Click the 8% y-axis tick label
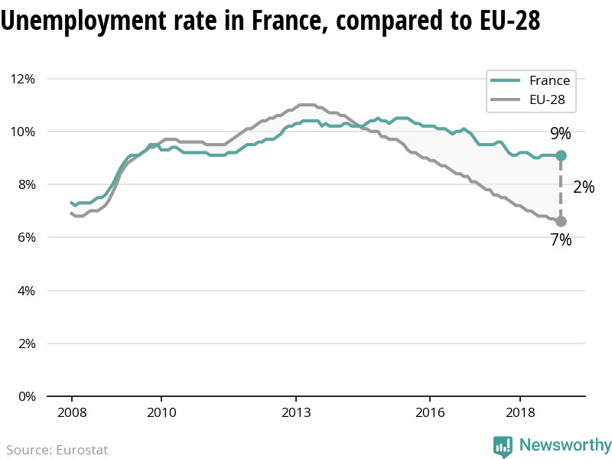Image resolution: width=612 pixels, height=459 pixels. (x=25, y=184)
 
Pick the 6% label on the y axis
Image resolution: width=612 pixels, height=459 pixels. (x=25, y=237)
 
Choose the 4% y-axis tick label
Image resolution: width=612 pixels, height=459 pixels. (x=25, y=291)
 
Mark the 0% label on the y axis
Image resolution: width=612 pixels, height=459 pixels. (x=25, y=396)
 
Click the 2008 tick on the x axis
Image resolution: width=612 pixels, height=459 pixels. (x=71, y=412)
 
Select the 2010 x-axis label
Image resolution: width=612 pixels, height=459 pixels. (x=161, y=412)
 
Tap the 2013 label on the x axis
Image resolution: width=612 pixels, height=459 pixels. (x=296, y=412)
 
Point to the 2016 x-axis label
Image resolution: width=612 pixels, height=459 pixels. (x=431, y=412)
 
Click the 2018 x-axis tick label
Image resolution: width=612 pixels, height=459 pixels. (x=520, y=412)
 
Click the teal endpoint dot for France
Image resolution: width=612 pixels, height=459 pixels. (x=561, y=155)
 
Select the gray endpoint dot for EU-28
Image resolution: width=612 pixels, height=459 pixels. (x=561, y=221)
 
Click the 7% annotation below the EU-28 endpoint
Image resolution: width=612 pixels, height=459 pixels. (x=561, y=240)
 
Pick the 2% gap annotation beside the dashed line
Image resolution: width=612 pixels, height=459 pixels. (x=584, y=187)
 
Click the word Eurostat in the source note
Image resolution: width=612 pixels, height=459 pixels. (x=82, y=450)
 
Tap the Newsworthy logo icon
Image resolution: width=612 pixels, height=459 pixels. (x=503, y=446)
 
